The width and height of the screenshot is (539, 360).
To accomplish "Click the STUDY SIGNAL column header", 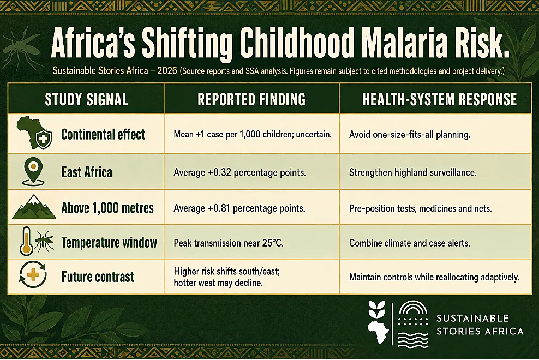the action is pyautogui.click(x=86, y=99).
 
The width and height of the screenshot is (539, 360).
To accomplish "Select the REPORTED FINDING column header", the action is pyautogui.click(x=251, y=99).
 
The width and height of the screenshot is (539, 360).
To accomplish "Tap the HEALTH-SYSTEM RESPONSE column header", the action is pyautogui.click(x=439, y=99).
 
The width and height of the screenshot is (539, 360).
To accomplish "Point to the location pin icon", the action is pyautogui.click(x=33, y=172).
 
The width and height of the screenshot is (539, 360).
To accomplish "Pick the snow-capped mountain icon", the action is pyautogui.click(x=34, y=207).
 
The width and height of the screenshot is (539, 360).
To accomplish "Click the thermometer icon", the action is pyautogui.click(x=26, y=242).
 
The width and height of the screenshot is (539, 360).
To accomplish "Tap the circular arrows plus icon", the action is pyautogui.click(x=33, y=275).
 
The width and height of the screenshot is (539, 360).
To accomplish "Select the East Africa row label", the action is pyautogui.click(x=87, y=172).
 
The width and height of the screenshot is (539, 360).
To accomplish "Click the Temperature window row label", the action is pyautogui.click(x=109, y=243).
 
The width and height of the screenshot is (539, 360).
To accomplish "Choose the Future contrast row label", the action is pyautogui.click(x=98, y=277).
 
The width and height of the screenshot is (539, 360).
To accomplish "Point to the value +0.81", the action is pyautogui.click(x=219, y=208).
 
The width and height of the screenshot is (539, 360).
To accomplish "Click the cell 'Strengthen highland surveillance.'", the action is pyautogui.click(x=412, y=172).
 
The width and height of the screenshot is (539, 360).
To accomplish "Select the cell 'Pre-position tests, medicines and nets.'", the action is pyautogui.click(x=420, y=208).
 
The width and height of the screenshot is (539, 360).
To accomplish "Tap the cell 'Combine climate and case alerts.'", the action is pyautogui.click(x=409, y=243).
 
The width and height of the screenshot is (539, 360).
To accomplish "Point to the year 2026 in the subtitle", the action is pyautogui.click(x=167, y=71).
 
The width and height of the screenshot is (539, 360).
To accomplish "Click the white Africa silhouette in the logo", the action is pyautogui.click(x=378, y=332).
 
